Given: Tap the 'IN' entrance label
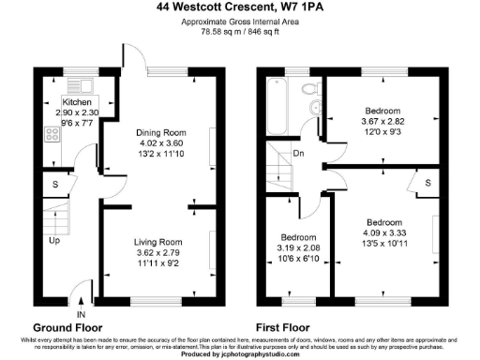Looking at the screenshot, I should (x=81, y=313).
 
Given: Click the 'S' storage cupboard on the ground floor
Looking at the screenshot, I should (x=56, y=185).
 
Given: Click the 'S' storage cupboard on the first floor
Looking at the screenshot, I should (x=428, y=184).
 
